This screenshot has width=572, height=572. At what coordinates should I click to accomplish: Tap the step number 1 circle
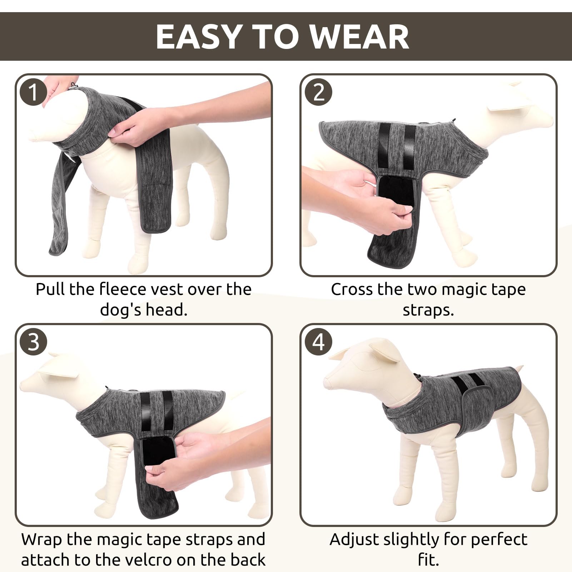click(x=33, y=92)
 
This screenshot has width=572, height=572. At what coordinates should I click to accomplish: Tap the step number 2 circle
click(x=318, y=92)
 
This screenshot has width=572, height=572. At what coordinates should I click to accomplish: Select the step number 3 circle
click(x=33, y=342)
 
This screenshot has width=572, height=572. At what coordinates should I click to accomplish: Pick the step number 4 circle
click(x=318, y=342)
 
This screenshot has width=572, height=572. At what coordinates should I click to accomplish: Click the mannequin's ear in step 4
click(x=383, y=353)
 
